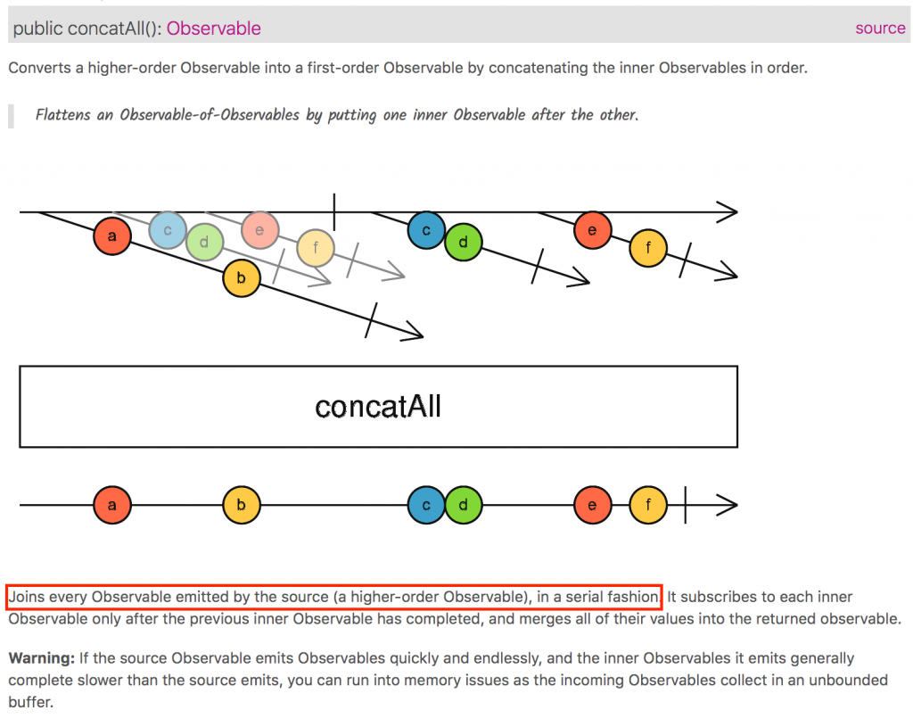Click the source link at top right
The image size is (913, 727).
879,28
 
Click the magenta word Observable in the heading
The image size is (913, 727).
214,29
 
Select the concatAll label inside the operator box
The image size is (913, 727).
378,407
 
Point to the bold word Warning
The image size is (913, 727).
41,658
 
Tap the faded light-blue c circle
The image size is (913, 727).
167,230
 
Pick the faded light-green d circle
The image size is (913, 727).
204,242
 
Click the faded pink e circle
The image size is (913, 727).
259,230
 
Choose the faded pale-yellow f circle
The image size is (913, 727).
315,248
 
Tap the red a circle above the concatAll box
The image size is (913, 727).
111,236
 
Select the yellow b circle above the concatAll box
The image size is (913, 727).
242,278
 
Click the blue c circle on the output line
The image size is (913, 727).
426,506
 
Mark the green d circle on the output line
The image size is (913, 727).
463,506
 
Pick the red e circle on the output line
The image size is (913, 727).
593,506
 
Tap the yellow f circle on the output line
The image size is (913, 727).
648,506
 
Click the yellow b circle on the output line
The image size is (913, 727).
242,506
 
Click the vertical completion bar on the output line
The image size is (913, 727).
685,506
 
